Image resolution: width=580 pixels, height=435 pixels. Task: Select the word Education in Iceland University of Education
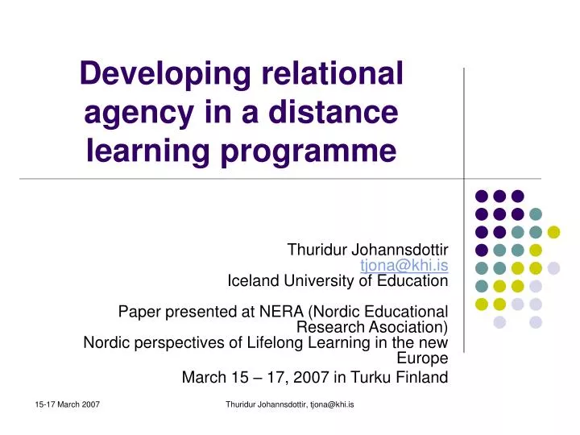point(409,281)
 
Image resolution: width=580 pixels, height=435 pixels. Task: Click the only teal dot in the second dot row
point(536,213)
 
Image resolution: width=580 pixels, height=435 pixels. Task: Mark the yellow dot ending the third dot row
point(553,232)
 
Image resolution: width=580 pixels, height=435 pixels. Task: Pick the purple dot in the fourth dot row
point(482,250)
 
